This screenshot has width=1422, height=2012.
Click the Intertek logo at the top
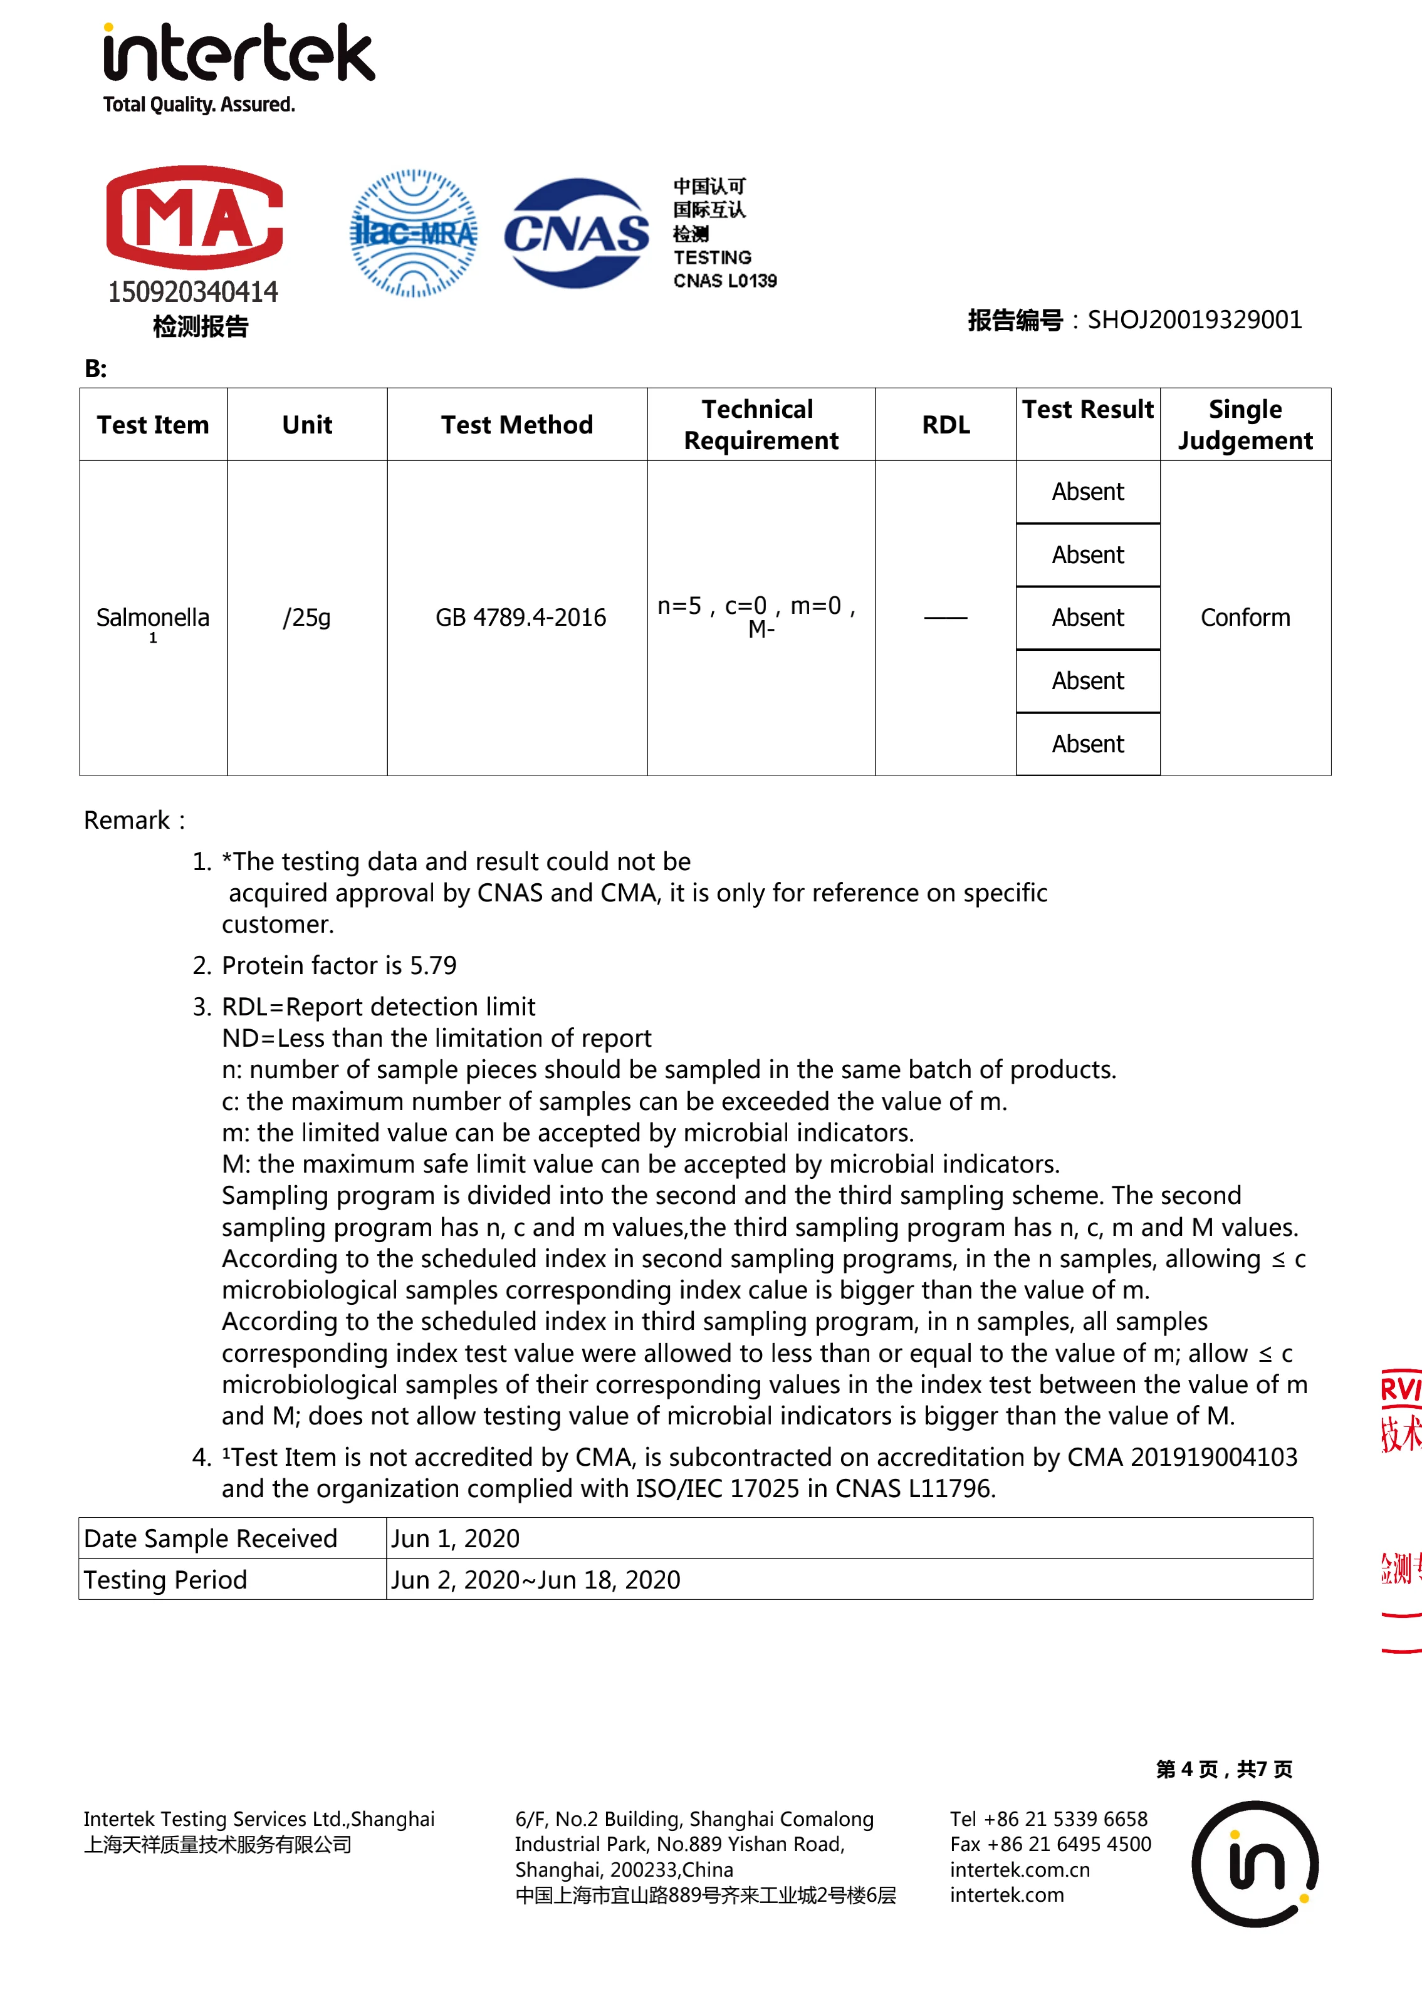tap(238, 54)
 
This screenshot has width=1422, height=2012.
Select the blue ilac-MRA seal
tap(413, 233)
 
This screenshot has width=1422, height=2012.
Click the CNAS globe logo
tap(576, 233)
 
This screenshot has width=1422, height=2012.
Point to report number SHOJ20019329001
tap(1194, 320)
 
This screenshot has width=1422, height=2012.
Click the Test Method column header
tap(516, 425)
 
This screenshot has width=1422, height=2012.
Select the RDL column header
tap(945, 425)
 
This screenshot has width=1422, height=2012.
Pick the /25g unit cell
tap(307, 618)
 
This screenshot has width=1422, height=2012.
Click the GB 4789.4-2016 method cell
tap(520, 618)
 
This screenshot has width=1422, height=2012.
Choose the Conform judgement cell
tap(1245, 618)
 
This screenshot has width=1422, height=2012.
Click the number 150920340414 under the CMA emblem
tap(193, 292)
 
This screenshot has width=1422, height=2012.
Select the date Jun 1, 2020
tap(455, 1539)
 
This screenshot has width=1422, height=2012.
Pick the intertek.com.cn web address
tap(1020, 1870)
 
